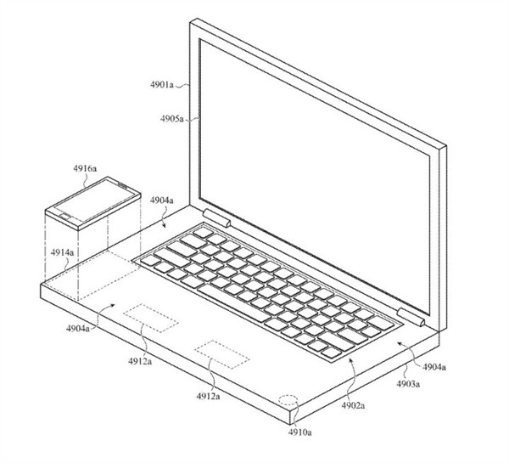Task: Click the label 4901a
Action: (162, 85)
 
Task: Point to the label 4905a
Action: (171, 119)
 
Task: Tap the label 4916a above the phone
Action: (85, 168)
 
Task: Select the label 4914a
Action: (62, 252)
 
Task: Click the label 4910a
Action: (300, 432)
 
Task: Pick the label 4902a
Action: (353, 405)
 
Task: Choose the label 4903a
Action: (408, 384)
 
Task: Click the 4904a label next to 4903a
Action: (434, 367)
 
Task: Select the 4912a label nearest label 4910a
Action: (208, 396)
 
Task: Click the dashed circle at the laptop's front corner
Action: (288, 400)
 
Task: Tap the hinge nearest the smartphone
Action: (216, 217)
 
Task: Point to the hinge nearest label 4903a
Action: (411, 317)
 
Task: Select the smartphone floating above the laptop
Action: (92, 203)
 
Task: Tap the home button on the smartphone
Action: (66, 217)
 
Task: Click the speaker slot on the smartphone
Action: (122, 185)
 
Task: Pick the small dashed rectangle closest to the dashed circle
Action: (222, 354)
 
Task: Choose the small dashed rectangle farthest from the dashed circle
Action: (151, 318)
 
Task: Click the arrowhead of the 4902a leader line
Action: (350, 359)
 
